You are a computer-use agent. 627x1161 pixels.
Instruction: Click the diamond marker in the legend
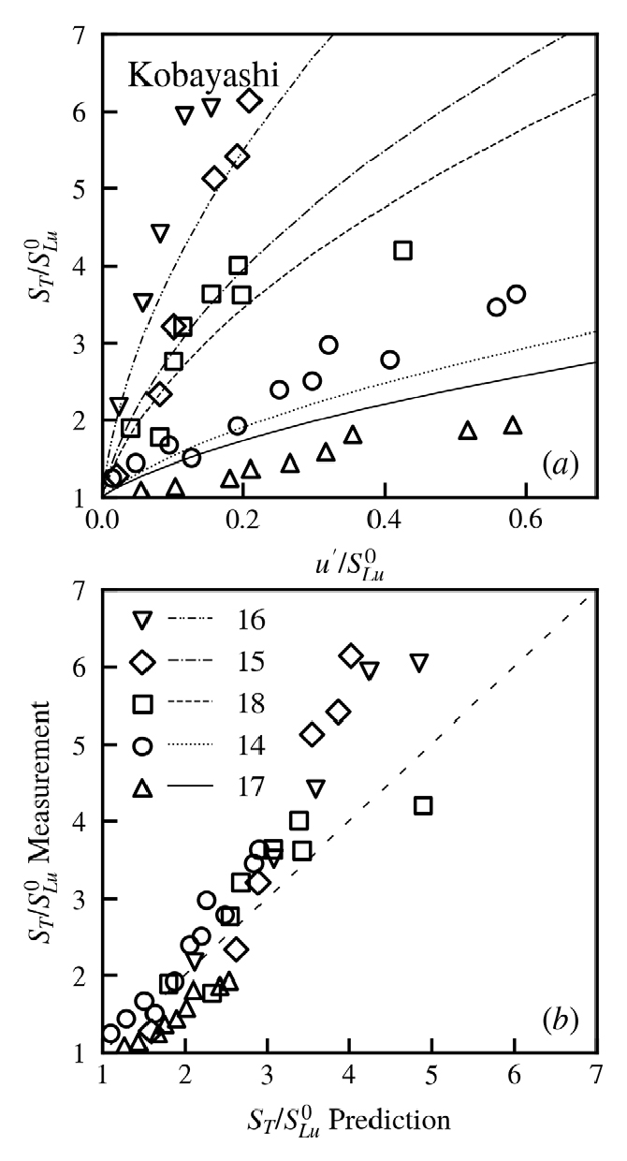142,662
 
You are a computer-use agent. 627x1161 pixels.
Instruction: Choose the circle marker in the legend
142,746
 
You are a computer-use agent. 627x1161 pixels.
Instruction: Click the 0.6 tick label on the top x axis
526,517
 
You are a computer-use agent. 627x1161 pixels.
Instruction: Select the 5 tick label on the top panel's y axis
81,189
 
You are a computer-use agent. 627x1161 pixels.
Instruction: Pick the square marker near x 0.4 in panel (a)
402,250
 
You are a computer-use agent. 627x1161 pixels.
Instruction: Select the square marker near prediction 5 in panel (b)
423,805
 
